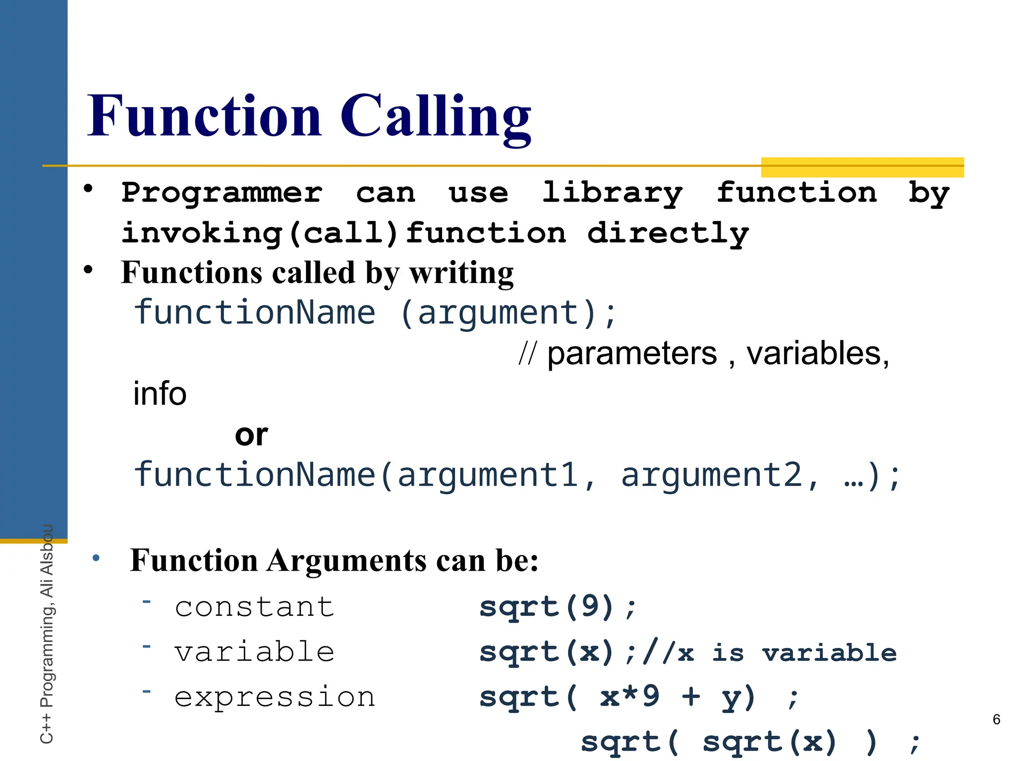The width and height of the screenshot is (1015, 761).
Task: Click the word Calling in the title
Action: pyautogui.click(x=436, y=117)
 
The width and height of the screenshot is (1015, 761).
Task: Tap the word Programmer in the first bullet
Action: pyautogui.click(x=222, y=193)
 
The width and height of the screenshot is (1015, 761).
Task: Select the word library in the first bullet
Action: pyautogui.click(x=612, y=193)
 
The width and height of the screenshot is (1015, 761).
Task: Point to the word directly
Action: pyautogui.click(x=668, y=233)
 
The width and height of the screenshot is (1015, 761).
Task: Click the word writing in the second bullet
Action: pyautogui.click(x=461, y=273)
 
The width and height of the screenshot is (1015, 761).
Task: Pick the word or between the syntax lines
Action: pyautogui.click(x=251, y=435)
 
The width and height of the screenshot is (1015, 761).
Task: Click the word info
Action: pyautogui.click(x=160, y=394)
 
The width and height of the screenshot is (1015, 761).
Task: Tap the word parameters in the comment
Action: pyautogui.click(x=632, y=354)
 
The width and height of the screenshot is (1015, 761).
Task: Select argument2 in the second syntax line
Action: pyautogui.click(x=711, y=475)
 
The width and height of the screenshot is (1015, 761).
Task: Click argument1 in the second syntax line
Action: pyautogui.click(x=488, y=475)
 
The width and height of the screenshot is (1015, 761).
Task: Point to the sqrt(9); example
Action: pyautogui.click(x=558, y=607)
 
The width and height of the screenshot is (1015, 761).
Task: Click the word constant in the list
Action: pyautogui.click(x=254, y=607)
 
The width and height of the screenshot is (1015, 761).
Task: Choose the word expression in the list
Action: pyautogui.click(x=275, y=697)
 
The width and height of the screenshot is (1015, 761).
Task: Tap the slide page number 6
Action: pyautogui.click(x=996, y=719)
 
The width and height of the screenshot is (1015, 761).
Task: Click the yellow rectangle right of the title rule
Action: pyautogui.click(x=862, y=167)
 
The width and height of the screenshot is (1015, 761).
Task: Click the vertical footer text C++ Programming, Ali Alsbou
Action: pyautogui.click(x=47, y=634)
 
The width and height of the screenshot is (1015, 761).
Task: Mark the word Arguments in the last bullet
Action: pyautogui.click(x=347, y=561)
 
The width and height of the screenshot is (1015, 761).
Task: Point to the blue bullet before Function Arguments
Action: pyautogui.click(x=96, y=558)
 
